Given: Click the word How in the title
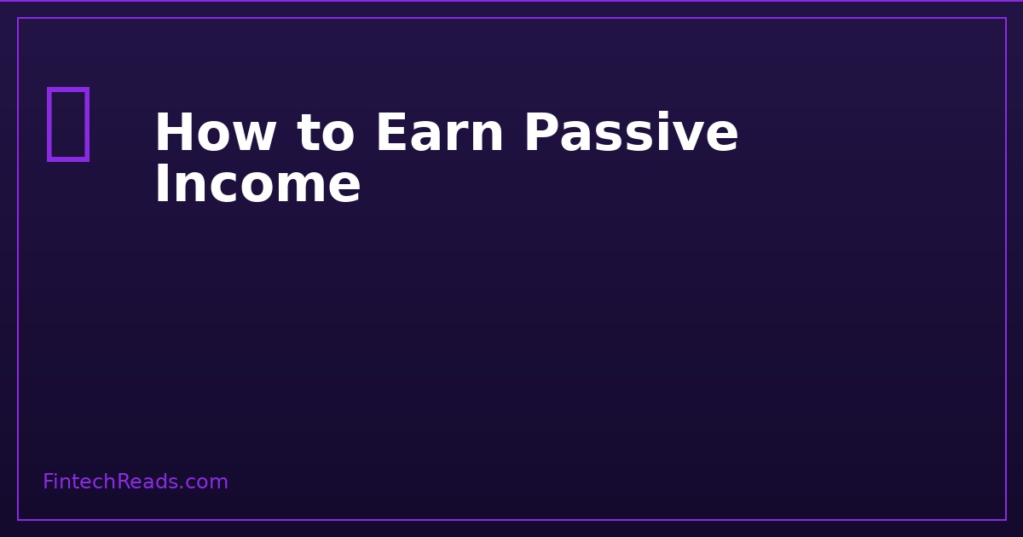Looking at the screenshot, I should [215, 135].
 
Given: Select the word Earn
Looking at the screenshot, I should [439, 135].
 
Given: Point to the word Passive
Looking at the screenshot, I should [630, 135].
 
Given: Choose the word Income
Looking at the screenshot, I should [257, 185].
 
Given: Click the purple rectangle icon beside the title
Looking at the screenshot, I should [67, 124].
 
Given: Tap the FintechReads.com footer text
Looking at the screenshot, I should [136, 482].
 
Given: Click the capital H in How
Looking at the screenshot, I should [172, 135].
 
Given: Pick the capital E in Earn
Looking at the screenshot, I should [391, 135].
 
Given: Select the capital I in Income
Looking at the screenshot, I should [162, 185].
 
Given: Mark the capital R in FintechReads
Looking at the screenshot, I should [123, 482].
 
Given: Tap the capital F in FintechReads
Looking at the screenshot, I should [48, 482].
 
